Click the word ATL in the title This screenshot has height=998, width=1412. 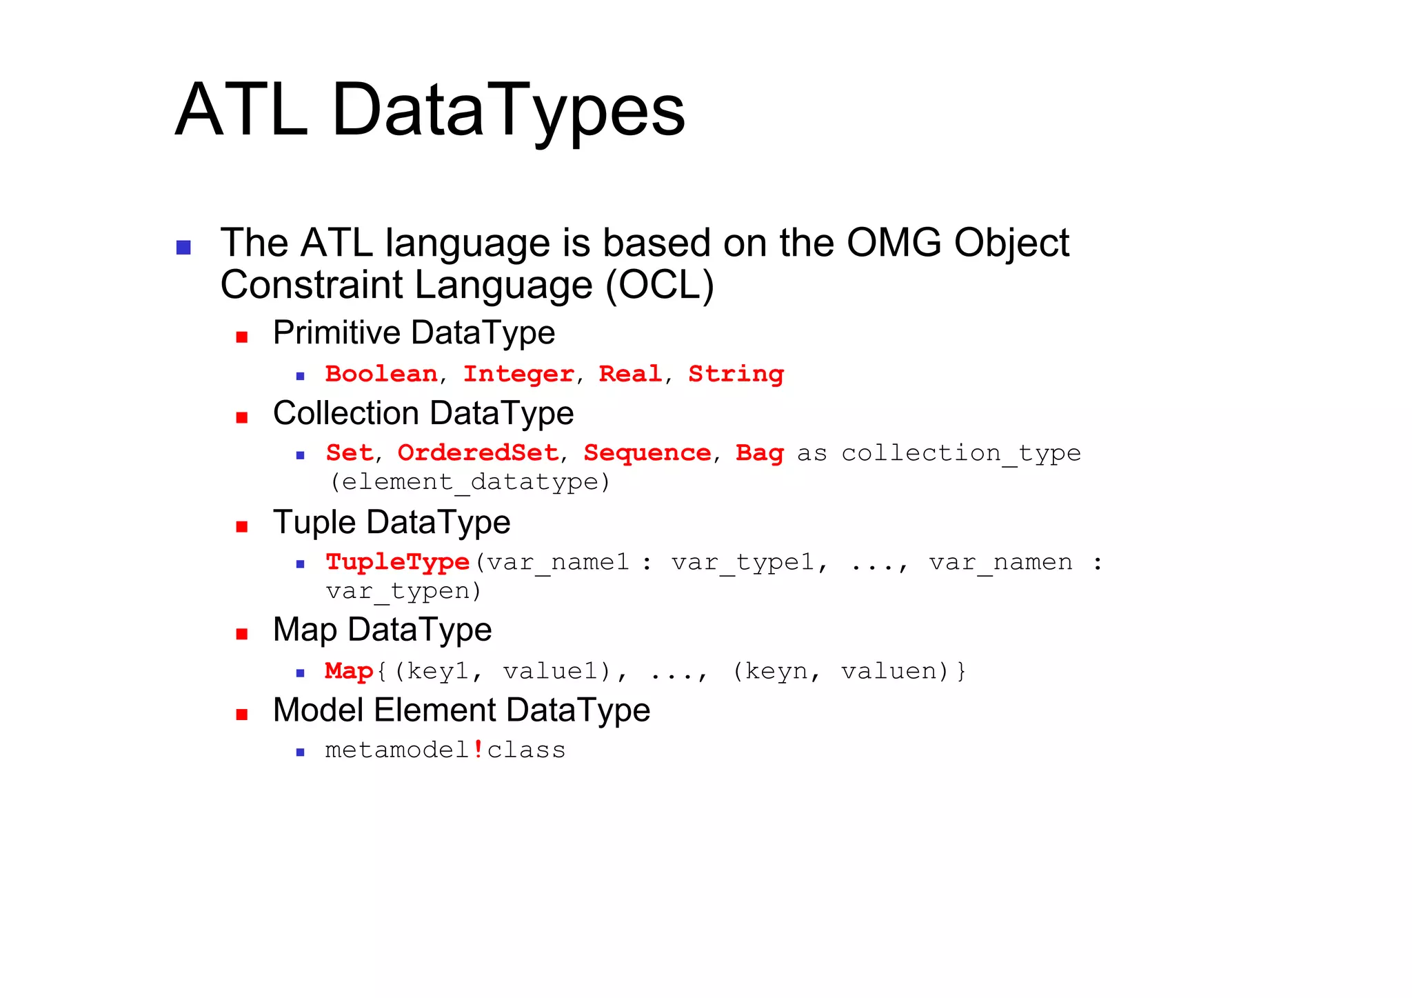point(241,110)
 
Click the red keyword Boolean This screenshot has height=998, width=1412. point(381,374)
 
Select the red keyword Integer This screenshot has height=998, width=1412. point(518,374)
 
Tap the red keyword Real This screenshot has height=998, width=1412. point(630,374)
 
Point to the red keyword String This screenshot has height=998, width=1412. point(736,375)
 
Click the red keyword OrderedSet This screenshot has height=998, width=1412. point(478,453)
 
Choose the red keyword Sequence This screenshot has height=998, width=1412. point(647,453)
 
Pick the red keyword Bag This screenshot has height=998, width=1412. point(759,453)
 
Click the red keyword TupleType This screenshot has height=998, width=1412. point(397,562)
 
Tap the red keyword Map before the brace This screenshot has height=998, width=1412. point(349,671)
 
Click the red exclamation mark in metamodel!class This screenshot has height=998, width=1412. point(478,749)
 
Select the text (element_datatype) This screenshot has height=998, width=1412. point(470,481)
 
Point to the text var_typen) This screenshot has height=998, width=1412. point(403,591)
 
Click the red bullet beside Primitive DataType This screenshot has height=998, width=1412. point(241,337)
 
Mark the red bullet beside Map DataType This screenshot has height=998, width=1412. point(241,634)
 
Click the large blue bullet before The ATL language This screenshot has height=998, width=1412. point(183,247)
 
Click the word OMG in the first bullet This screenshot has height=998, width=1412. point(894,243)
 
